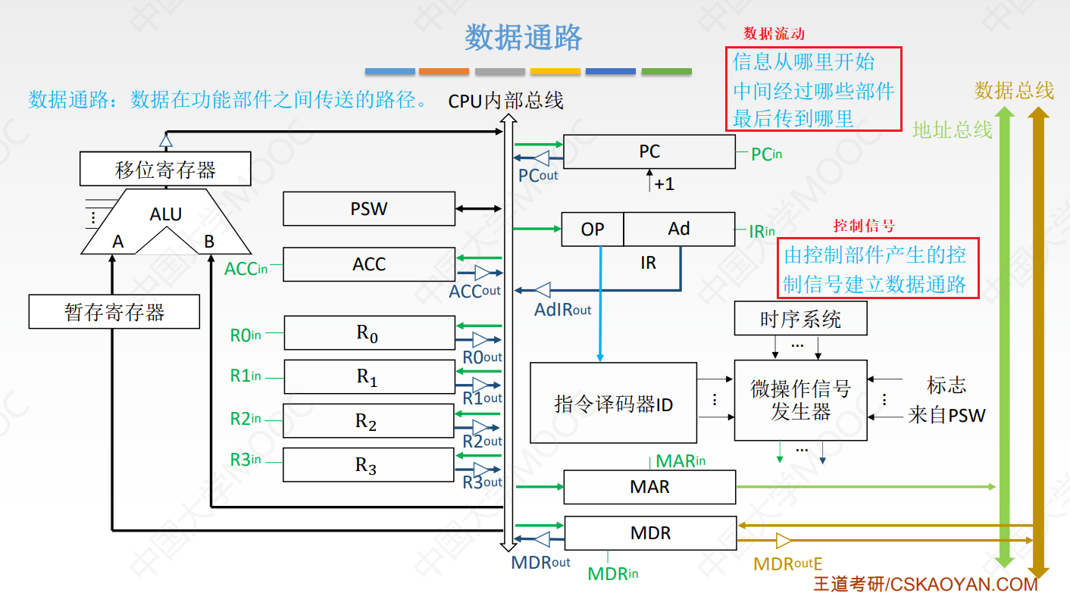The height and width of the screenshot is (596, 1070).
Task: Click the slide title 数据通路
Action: point(524,37)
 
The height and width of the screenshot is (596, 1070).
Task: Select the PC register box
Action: point(649,151)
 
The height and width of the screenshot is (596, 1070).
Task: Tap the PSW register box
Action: point(368,208)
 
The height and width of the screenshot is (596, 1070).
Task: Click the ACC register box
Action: point(368,264)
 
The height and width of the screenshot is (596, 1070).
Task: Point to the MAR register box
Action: point(649,487)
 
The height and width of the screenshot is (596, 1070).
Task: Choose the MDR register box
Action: point(650,533)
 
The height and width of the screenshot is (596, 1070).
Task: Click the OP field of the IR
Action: point(592,229)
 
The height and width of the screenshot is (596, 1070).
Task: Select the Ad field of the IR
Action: point(679,229)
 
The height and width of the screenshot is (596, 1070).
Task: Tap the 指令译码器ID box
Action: point(613,404)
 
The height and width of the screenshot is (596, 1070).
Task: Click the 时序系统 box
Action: point(800,320)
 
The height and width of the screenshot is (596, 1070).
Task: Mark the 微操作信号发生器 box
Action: point(800,401)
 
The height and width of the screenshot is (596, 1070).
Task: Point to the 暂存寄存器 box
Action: point(114,312)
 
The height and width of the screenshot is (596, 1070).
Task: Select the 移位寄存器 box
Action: point(165,169)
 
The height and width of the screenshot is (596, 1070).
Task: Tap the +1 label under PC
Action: point(664,184)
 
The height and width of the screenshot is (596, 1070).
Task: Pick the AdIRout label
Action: point(563,309)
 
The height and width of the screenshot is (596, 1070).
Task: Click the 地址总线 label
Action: point(952,130)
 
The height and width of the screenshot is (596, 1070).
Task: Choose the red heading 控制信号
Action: point(864,226)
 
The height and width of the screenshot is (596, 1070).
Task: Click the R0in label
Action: point(246,334)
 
